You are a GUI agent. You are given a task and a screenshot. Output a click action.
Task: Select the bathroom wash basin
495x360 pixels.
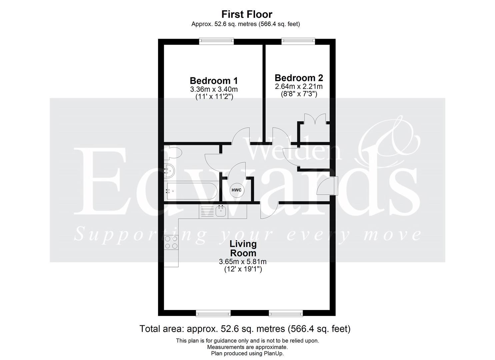pos(169,171)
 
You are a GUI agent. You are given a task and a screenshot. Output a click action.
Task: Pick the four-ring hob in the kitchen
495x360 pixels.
pos(171,242)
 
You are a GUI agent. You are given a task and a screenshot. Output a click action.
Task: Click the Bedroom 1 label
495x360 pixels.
pos(214,81)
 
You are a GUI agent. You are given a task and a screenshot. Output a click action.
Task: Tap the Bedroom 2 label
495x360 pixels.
pos(299,78)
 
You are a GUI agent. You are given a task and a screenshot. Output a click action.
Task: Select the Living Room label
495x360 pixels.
pos(243,248)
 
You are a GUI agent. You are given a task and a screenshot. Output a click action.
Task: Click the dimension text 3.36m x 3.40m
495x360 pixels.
pos(214,89)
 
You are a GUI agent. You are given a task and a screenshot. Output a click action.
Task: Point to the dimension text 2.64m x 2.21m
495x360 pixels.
pos(299,87)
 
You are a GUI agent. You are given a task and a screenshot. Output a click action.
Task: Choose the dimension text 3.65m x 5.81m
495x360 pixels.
pos(243,262)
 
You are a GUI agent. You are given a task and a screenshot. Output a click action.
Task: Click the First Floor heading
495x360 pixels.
pos(247,14)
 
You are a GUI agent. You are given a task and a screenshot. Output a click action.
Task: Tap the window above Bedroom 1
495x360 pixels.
pos(216,41)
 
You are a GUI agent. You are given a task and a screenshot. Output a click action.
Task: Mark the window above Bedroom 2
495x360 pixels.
pos(298,41)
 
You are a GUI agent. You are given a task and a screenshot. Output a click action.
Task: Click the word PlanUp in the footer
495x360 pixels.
pos(273,353)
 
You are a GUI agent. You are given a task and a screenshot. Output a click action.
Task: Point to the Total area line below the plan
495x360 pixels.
pos(245,329)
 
